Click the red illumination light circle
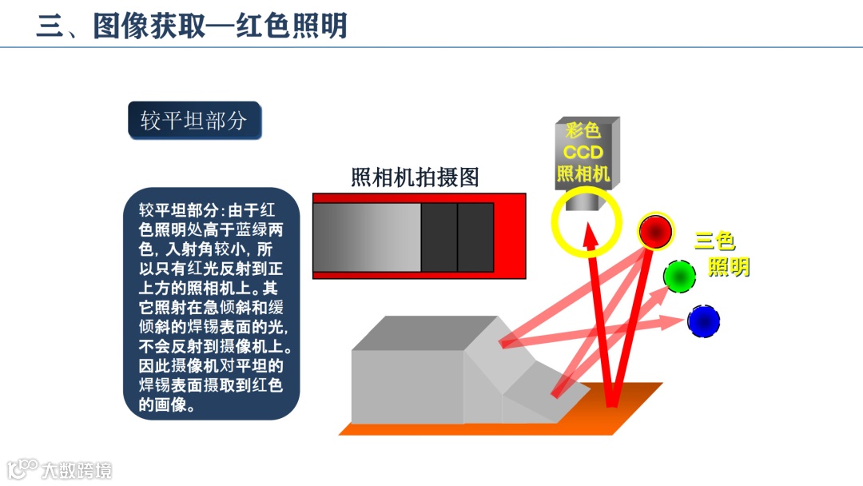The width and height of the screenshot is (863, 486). pyautogui.click(x=655, y=232)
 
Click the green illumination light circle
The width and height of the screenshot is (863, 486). pyautogui.click(x=679, y=276)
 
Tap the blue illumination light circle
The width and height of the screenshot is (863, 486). pyautogui.click(x=703, y=321)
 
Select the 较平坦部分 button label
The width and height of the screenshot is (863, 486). pyautogui.click(x=194, y=121)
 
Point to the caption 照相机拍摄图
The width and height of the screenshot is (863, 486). pyautogui.click(x=415, y=177)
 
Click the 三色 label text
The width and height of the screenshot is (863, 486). pyautogui.click(x=714, y=240)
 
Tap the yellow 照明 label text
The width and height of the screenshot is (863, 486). pyautogui.click(x=728, y=266)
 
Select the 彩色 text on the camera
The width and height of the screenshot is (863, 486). pyautogui.click(x=583, y=130)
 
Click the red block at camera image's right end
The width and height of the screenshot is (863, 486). pyautogui.click(x=510, y=237)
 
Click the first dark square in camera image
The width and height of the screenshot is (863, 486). pyautogui.click(x=439, y=237)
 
